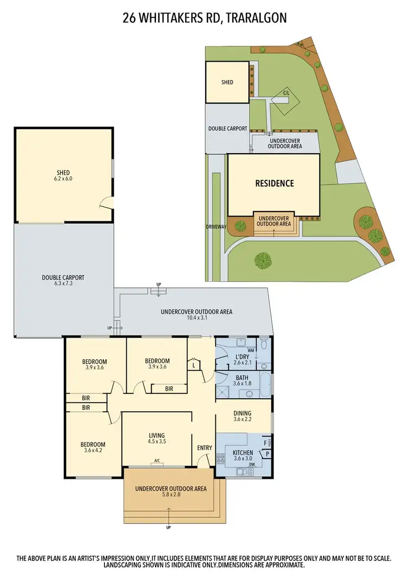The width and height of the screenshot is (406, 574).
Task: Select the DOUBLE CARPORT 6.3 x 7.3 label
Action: click(x=63, y=281)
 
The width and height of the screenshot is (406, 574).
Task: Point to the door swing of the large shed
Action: click(x=107, y=203)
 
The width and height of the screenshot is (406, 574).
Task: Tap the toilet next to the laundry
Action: click(x=264, y=344)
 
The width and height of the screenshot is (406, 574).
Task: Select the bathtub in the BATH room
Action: click(x=264, y=385)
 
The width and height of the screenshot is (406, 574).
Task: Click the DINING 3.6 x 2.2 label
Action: click(x=242, y=417)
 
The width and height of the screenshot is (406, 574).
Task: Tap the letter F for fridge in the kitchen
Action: click(x=265, y=443)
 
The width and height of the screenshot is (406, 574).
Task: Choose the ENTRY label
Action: click(x=205, y=447)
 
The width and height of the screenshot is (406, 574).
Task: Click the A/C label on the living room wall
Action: click(x=157, y=461)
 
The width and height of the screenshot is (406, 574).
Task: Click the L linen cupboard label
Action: click(x=194, y=366)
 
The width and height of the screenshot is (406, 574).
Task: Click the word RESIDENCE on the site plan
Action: click(x=274, y=183)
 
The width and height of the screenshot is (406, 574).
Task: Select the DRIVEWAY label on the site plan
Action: click(x=216, y=227)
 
